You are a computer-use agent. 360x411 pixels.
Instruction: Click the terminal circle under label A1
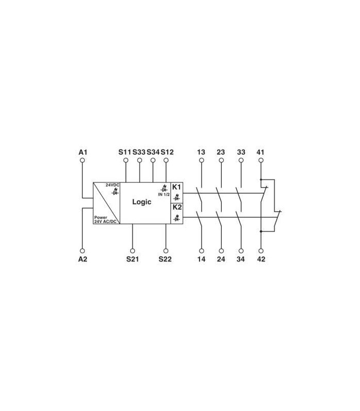[x=83, y=160]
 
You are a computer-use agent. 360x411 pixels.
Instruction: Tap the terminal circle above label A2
[x=83, y=251]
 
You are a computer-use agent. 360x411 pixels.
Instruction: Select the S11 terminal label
[x=124, y=152]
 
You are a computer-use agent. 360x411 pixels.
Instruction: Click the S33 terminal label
[x=139, y=152]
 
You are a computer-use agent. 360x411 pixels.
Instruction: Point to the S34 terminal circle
[x=153, y=160]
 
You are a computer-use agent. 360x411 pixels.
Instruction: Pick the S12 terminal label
[x=167, y=152]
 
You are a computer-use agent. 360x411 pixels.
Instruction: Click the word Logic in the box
[x=142, y=202]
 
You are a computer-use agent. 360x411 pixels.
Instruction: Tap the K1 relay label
[x=176, y=187]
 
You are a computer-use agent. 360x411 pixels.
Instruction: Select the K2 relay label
[x=177, y=207]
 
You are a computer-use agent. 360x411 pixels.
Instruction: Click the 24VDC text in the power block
[x=113, y=185]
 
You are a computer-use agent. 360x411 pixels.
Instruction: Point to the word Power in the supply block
[x=101, y=217]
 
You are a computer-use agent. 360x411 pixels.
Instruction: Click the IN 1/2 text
[x=164, y=195]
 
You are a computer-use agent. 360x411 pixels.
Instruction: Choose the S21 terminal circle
[x=133, y=251]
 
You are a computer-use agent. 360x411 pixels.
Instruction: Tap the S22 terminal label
[x=165, y=259]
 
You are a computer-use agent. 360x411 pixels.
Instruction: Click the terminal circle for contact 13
[x=202, y=160]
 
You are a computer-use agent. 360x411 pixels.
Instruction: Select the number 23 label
[x=221, y=152]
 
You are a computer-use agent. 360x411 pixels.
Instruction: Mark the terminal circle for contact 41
[x=261, y=160]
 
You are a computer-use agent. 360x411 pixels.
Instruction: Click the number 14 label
[x=201, y=259]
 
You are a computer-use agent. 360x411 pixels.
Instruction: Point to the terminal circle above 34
[x=241, y=251]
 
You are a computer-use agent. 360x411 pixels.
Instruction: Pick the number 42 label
[x=261, y=259]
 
